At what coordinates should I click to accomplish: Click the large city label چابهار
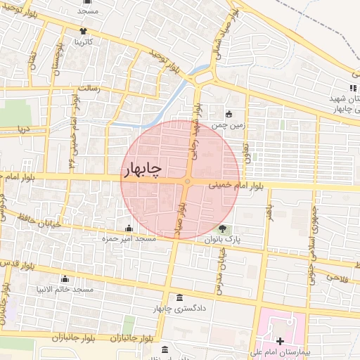pos(143,169)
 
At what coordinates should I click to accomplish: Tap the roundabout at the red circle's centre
pos(186,181)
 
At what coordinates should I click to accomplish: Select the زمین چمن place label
pos(229,125)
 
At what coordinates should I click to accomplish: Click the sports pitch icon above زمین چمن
pos(229,114)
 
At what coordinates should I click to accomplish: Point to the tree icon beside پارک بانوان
pos(223,229)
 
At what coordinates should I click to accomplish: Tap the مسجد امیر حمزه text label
pos(128,240)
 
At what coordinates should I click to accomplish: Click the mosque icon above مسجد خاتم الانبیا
pos(65,279)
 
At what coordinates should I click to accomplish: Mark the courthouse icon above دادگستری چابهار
pos(179,297)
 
